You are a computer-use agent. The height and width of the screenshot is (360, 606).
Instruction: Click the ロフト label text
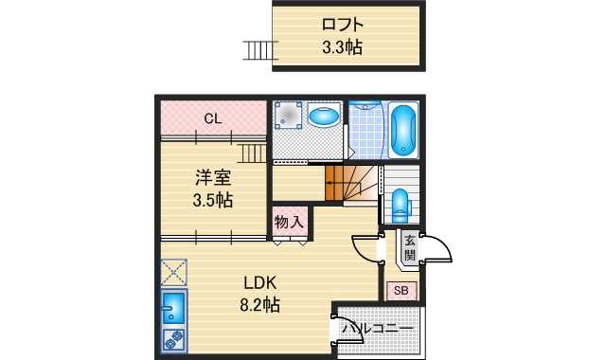tap(343, 25)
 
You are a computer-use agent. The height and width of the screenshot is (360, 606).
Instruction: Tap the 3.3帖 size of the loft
tap(343, 47)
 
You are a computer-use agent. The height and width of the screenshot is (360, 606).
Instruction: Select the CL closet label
tap(213, 118)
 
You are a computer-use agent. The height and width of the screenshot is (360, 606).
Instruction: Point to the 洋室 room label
tap(213, 177)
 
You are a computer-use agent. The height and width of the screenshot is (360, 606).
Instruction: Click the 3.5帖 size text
tap(213, 200)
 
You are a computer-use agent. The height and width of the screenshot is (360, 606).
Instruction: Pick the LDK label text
tap(260, 283)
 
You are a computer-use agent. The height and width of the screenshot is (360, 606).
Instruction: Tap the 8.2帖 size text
tap(260, 305)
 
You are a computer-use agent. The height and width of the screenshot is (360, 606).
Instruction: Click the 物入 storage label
tap(289, 223)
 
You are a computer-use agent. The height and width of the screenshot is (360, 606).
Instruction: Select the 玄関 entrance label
tap(410, 247)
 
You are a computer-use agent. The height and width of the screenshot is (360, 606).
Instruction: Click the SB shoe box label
tap(401, 291)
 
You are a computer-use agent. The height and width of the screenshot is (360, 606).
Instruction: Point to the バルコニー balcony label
tap(378, 330)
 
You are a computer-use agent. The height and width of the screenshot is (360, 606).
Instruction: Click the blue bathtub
tap(403, 130)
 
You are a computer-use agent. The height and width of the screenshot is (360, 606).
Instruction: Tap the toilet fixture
tap(401, 206)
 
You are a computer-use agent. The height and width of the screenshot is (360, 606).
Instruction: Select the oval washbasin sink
tap(324, 116)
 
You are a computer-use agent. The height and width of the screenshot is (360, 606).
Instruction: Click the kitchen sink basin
tap(173, 307)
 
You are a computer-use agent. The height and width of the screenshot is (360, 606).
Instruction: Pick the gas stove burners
tap(174, 340)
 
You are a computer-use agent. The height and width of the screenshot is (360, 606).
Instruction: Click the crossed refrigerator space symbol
tap(174, 272)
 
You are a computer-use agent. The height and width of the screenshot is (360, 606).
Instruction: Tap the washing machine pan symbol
tap(288, 115)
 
